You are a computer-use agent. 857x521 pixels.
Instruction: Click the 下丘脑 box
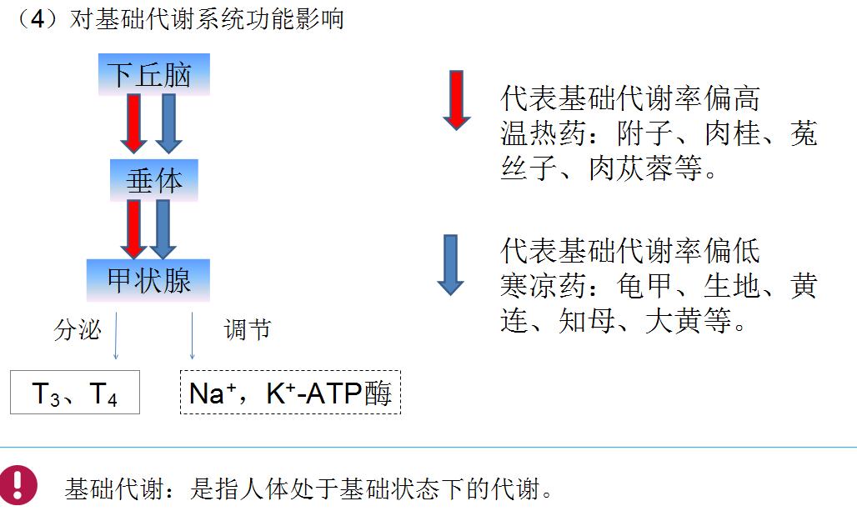coord(153,75)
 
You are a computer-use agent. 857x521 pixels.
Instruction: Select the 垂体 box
coord(153,180)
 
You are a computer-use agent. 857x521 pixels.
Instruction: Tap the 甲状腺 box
coord(148,280)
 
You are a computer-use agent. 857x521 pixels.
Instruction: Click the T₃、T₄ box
coord(75,393)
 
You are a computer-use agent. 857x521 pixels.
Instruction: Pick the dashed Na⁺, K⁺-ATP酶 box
coord(290,393)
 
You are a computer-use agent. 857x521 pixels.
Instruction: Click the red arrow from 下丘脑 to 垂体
coord(133,123)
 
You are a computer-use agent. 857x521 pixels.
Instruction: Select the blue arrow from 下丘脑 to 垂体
coord(168,123)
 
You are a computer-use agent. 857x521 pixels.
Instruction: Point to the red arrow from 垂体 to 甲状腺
coord(133,229)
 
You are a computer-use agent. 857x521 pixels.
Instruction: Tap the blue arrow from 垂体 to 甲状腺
coord(163,229)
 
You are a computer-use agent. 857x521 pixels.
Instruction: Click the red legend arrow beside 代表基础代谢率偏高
coord(457,100)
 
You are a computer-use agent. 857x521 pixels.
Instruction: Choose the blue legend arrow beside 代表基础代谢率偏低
coord(451,265)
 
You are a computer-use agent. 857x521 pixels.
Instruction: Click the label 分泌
coord(77,330)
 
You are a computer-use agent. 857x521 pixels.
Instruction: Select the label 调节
coord(248,330)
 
